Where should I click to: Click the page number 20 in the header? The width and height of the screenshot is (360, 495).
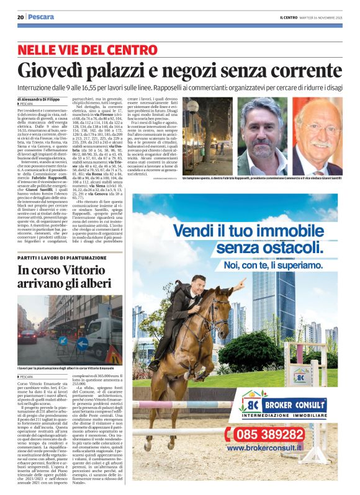[x=20, y=17]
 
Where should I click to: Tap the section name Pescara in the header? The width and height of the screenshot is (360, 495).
[x=40, y=17]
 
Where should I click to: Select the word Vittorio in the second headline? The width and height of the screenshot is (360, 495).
[x=94, y=270]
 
